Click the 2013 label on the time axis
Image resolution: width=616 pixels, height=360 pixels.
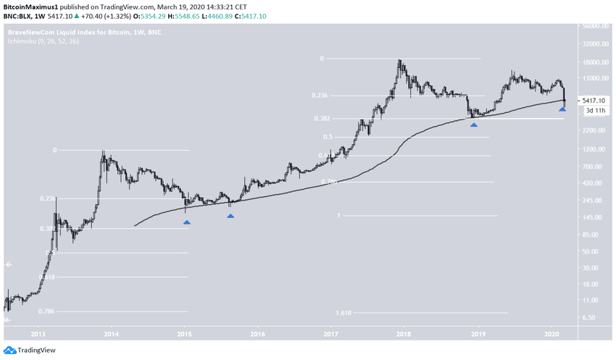coord(38,334)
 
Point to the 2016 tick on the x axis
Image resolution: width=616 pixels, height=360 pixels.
coord(257,334)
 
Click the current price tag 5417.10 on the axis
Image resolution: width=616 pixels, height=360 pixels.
coord(595,101)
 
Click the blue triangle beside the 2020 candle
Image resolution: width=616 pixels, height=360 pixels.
coord(562,109)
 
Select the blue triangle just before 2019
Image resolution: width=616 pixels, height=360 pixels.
coord(474,125)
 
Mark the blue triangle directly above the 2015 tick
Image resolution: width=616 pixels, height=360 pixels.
coord(187,222)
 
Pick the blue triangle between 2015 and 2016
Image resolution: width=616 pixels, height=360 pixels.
coord(230,215)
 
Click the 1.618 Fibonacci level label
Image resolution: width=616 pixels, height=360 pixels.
coord(344,313)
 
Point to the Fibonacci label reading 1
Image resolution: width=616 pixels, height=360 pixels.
coord(338,216)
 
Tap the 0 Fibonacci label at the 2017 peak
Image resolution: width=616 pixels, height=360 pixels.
coord(321,58)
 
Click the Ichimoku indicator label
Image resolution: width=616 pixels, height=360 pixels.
coord(43,42)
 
